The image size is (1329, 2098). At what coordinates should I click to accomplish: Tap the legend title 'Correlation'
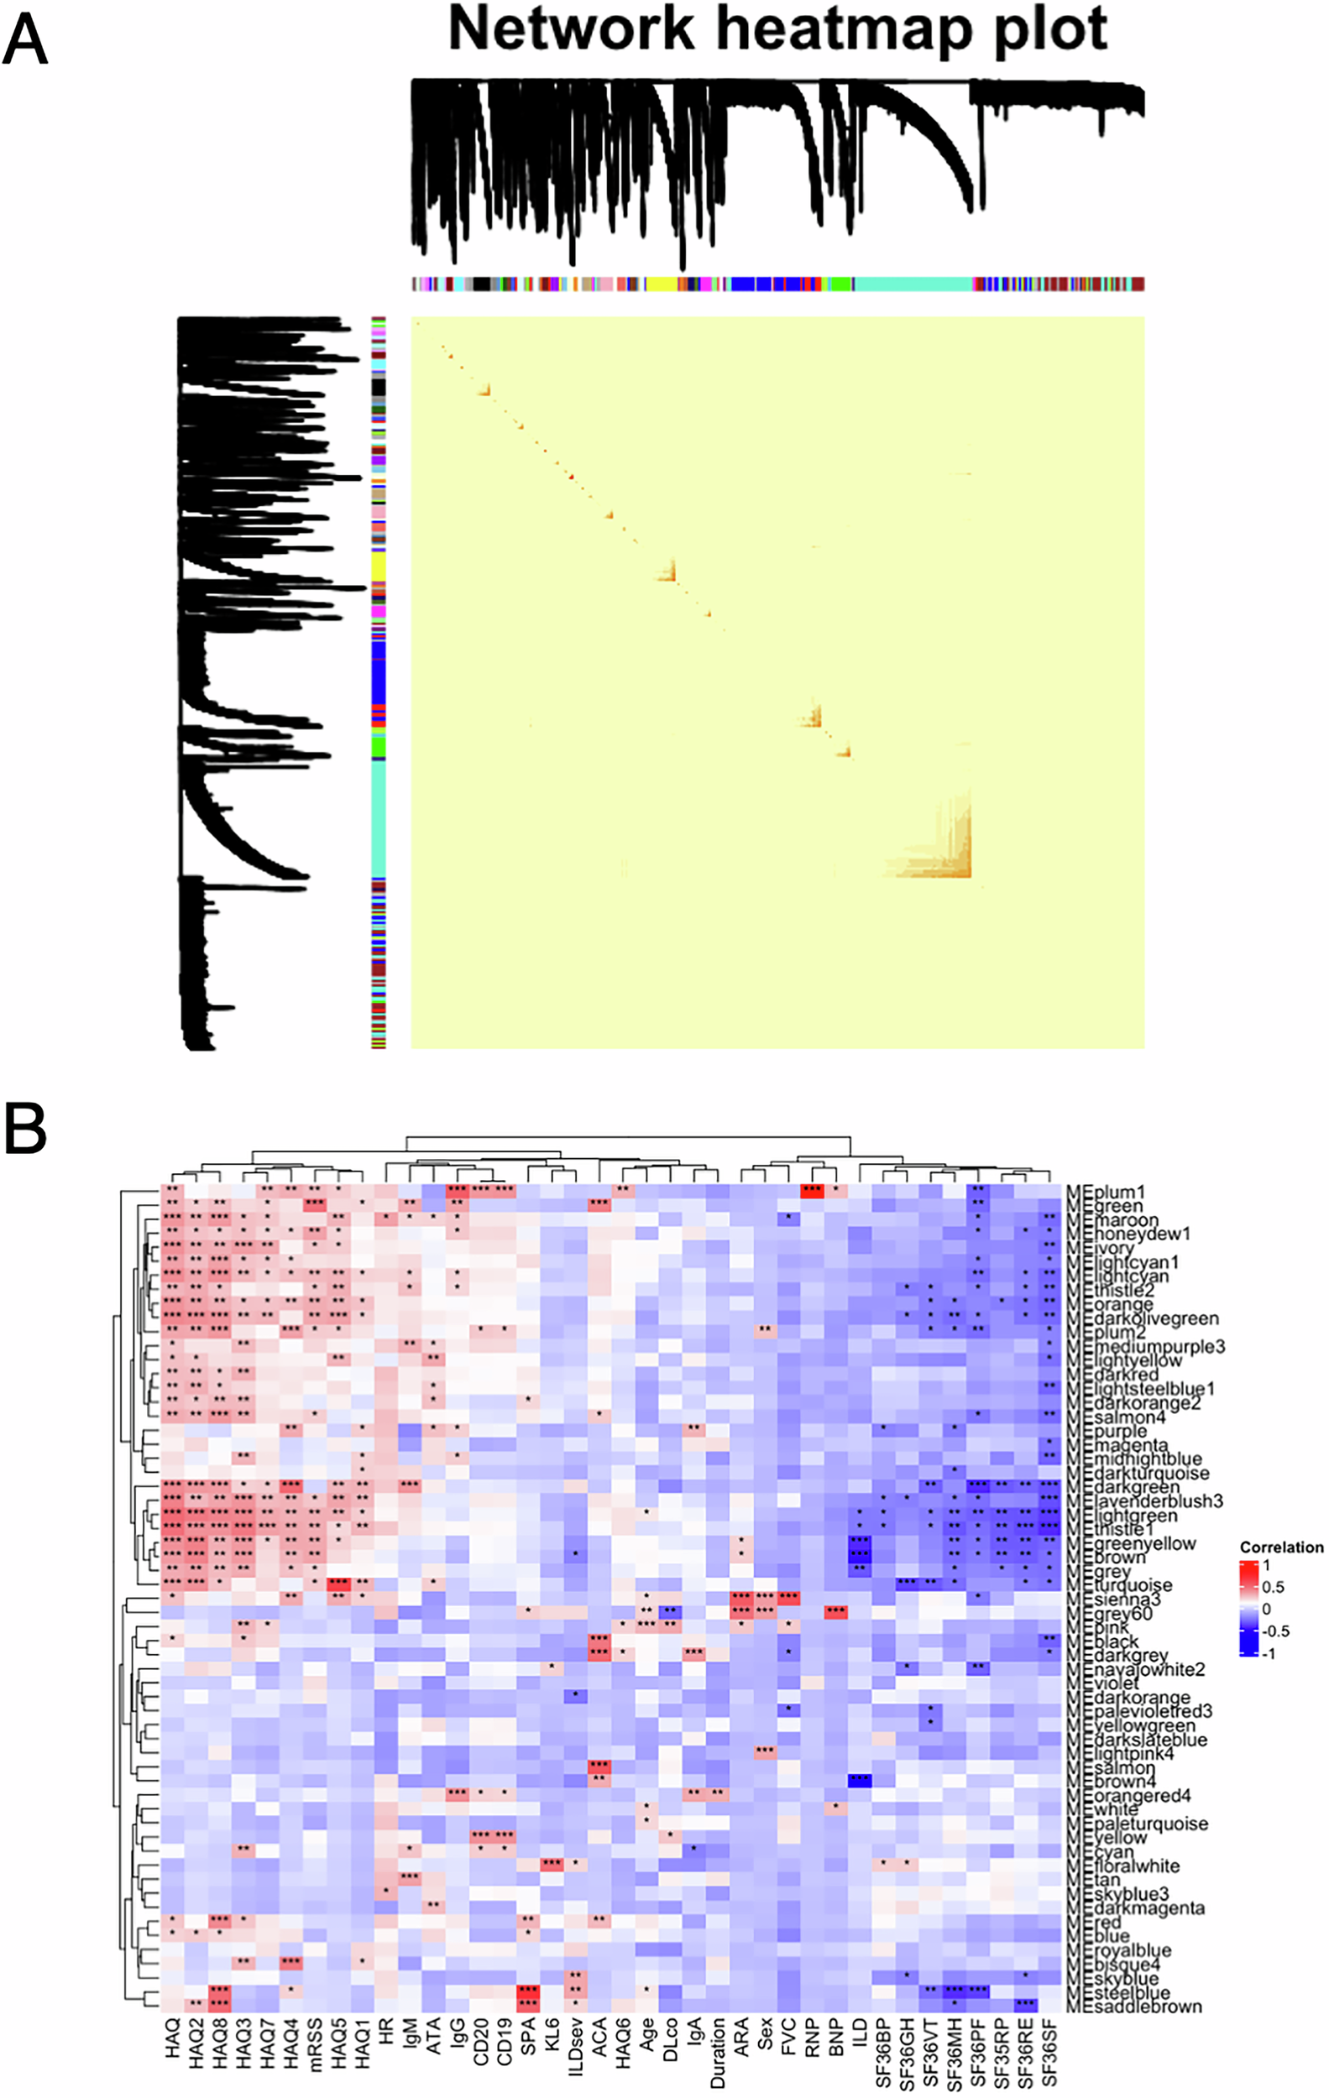coord(1281,1547)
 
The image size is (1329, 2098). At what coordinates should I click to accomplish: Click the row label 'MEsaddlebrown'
coord(1133,2007)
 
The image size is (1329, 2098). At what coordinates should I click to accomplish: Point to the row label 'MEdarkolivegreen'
coord(1142,1319)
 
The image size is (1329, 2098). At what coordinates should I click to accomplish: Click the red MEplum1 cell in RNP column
coord(812,1190)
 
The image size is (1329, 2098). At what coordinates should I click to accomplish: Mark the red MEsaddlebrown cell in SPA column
coord(527,2006)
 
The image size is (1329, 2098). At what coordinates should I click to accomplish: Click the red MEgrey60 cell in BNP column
coord(835,1612)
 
